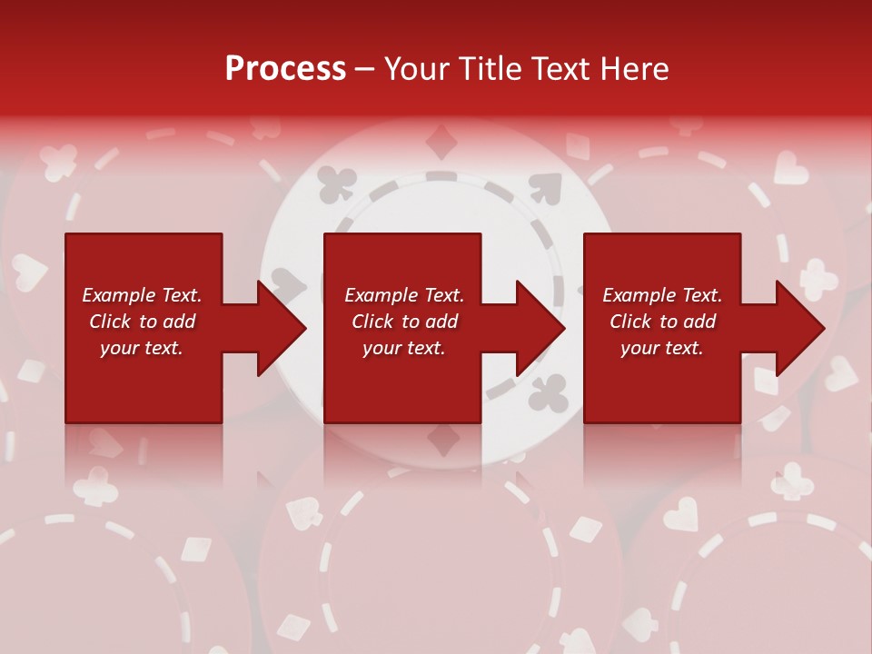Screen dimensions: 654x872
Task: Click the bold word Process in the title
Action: [285, 69]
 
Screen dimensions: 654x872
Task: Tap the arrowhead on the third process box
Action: [799, 328]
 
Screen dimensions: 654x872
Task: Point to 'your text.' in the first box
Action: [142, 348]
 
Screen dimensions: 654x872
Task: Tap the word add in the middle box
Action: [441, 322]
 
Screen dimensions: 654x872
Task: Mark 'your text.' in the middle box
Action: [404, 348]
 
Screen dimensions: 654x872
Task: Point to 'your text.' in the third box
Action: [662, 348]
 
